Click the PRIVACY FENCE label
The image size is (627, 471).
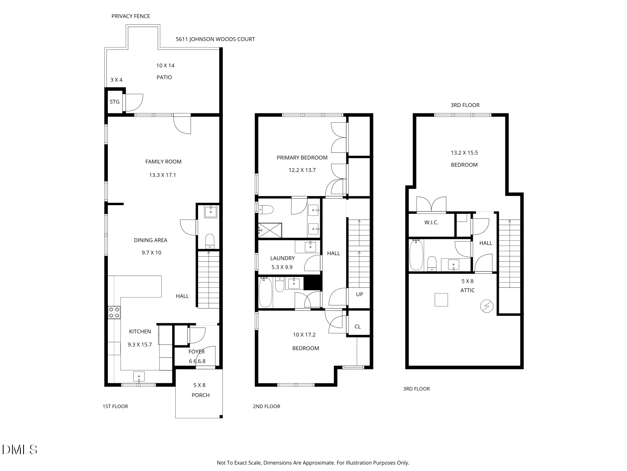click(x=131, y=16)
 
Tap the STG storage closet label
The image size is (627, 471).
click(x=115, y=102)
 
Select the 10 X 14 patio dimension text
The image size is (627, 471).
click(x=165, y=65)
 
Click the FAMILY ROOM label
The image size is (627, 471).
click(x=163, y=162)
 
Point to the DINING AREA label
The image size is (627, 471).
click(x=151, y=240)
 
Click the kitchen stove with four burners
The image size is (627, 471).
click(x=114, y=313)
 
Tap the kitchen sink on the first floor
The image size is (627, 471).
click(x=139, y=376)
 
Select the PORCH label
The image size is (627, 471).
click(x=200, y=395)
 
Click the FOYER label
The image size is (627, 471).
click(x=196, y=352)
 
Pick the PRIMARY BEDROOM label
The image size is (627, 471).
click(x=302, y=158)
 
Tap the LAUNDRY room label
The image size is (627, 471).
click(x=282, y=258)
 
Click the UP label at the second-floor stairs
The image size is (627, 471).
click(x=359, y=294)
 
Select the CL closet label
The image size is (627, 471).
click(x=357, y=327)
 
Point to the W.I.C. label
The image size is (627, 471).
click(x=431, y=222)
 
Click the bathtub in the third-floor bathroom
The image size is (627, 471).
click(x=416, y=255)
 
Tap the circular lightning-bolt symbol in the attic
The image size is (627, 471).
click(x=487, y=306)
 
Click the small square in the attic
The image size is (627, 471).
click(x=441, y=299)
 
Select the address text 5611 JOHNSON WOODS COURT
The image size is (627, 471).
click(x=215, y=39)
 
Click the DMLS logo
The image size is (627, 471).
click(x=20, y=449)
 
